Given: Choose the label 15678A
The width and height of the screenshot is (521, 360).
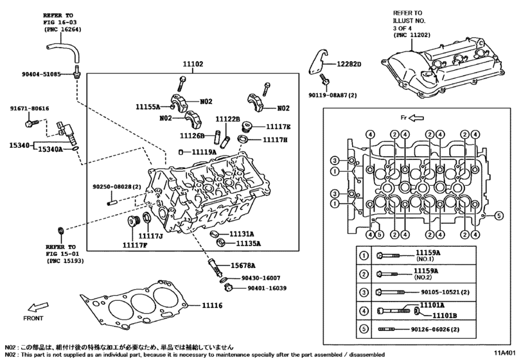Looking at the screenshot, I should pyautogui.click(x=243, y=265).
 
